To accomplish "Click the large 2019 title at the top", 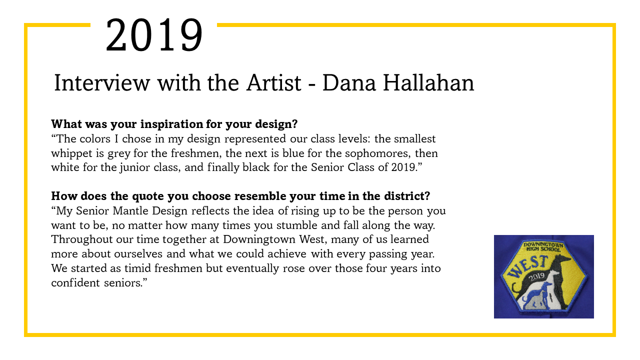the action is [x=154, y=35].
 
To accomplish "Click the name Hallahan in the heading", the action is [x=428, y=83].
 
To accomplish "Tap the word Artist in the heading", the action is [x=273, y=83].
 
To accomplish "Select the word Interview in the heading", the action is [x=102, y=83].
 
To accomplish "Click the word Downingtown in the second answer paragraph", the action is [x=259, y=239].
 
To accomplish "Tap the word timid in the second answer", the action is [x=137, y=268].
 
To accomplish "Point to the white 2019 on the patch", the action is [x=536, y=276].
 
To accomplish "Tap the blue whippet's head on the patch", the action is [x=547, y=285].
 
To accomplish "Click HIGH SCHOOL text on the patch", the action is [x=543, y=249].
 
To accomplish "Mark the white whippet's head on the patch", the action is [x=554, y=273].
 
